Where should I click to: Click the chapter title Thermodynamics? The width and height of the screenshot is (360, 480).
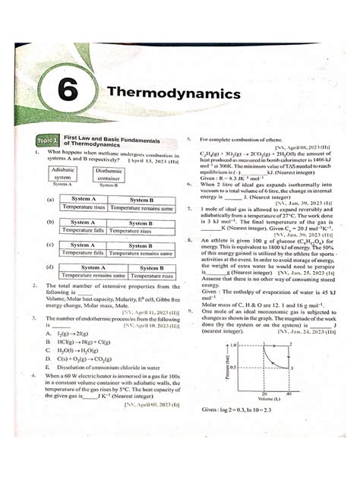(173, 93)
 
